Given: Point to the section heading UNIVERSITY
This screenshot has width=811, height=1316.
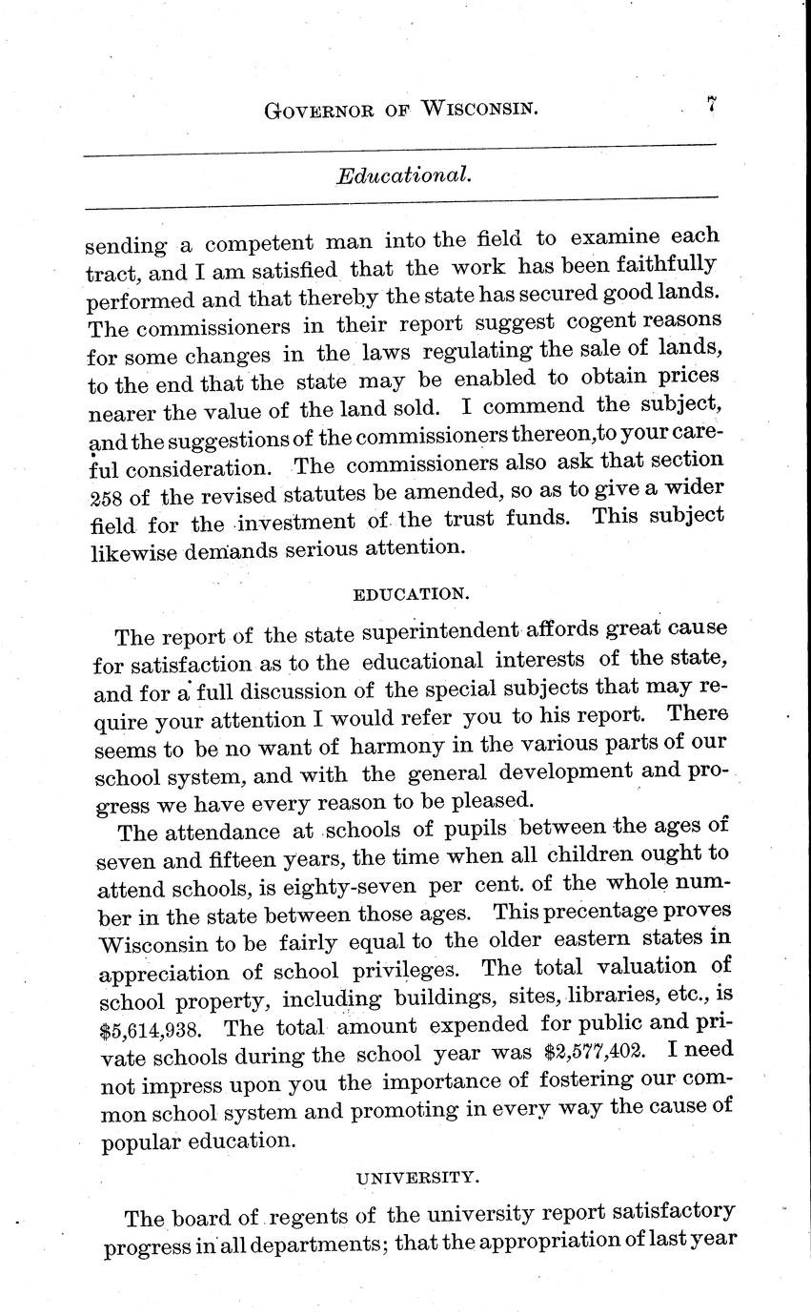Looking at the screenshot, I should tap(416, 1178).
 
